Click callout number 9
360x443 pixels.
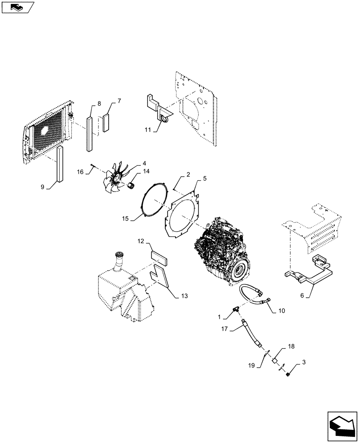coord(43,187)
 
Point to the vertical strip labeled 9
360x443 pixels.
coord(59,163)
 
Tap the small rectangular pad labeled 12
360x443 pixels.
coord(159,258)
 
